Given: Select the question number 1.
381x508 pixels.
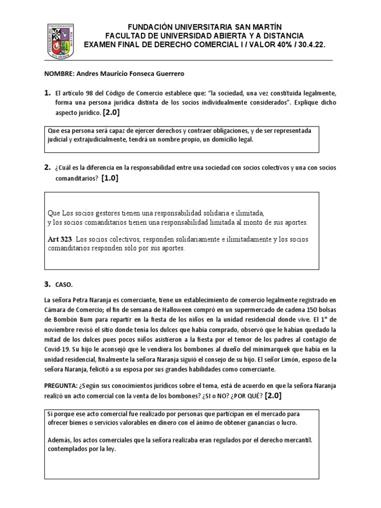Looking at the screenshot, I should tap(48, 93).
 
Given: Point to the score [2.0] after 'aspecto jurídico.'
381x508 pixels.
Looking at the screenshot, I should tap(112, 113).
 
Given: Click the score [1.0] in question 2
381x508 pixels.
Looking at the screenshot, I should tap(110, 179).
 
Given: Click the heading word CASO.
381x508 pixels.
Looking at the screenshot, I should tap(65, 285).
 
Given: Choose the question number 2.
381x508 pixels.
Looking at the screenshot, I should tap(48, 168).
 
